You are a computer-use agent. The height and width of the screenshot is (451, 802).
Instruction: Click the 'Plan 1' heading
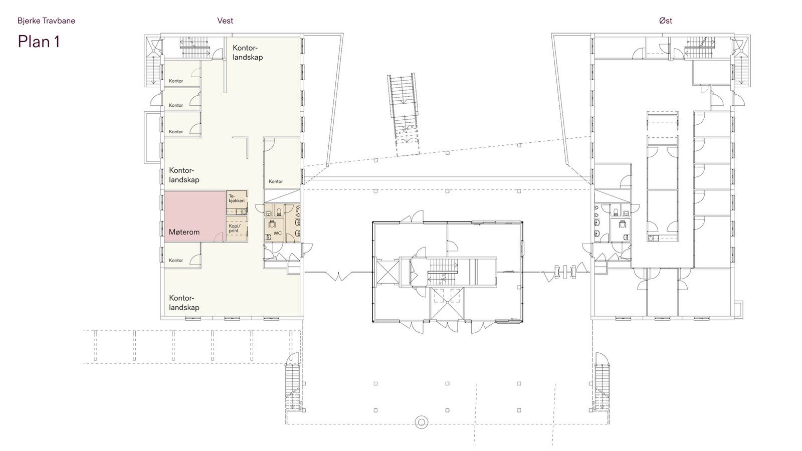tap(39, 42)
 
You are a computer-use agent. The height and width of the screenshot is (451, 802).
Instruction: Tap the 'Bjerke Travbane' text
tap(46, 21)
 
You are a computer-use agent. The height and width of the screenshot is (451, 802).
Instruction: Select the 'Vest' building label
tap(225, 21)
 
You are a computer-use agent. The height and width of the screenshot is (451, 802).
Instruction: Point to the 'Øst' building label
tap(666, 21)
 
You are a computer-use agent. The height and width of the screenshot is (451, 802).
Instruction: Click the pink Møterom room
tap(194, 216)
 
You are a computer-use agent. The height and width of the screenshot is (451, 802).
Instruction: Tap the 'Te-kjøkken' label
tap(236, 198)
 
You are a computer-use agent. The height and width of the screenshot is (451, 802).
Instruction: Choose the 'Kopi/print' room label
tap(235, 229)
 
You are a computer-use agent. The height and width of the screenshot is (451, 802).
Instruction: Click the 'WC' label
tap(278, 234)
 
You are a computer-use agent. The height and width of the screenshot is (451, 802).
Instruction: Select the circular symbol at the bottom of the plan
tap(422, 422)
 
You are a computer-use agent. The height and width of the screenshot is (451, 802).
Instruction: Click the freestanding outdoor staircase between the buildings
tap(404, 114)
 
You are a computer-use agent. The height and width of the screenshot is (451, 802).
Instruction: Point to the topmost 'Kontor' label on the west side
tap(176, 81)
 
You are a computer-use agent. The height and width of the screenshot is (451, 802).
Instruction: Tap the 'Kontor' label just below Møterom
tap(176, 260)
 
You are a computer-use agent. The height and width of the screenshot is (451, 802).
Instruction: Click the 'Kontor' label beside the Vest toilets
tap(276, 181)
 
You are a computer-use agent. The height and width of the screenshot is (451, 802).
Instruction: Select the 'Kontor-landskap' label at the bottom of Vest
tap(184, 303)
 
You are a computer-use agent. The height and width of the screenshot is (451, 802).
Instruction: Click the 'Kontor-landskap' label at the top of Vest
tap(248, 53)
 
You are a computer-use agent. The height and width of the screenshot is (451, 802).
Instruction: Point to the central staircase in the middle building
tap(443, 272)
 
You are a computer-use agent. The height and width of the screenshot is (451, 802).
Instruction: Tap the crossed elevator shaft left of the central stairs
tap(387, 272)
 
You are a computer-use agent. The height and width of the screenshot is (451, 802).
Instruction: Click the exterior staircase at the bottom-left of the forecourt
tap(293, 383)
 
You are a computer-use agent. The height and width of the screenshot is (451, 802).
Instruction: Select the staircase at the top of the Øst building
tap(700, 48)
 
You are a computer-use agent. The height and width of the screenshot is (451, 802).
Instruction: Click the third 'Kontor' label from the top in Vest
tap(176, 132)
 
